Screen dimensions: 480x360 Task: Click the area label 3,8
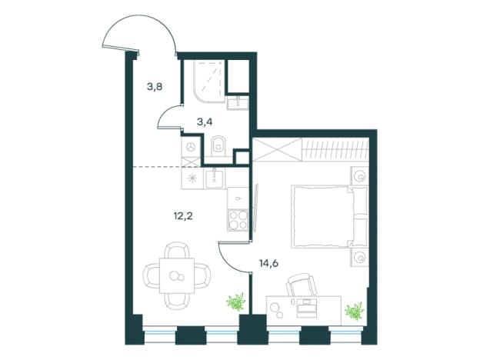pos(155,87)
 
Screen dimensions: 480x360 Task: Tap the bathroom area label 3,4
pos(205,122)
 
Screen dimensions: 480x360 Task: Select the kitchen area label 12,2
pos(183,216)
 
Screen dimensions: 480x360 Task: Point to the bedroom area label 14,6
pos(268,263)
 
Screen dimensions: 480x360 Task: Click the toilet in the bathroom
pos(218,145)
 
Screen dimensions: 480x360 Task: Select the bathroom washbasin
pos(238,103)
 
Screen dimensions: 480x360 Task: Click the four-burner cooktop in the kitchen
pos(238,220)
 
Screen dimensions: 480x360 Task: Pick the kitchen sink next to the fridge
pos(215,178)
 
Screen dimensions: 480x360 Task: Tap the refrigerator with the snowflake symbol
pos(192,178)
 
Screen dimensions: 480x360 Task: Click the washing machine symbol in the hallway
pos(192,147)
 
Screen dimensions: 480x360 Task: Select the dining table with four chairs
pos(177,275)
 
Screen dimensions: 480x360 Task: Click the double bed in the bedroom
pos(329,216)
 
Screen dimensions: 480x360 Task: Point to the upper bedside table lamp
pos(360,176)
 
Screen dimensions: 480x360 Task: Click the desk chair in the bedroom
pos(301,285)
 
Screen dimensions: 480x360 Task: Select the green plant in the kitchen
pos(235,302)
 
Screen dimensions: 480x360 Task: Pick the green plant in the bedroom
pos(354,311)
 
